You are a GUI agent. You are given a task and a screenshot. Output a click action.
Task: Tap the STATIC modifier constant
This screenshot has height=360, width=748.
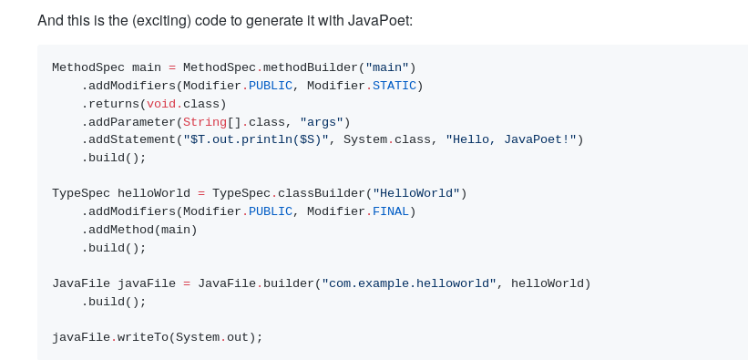394,86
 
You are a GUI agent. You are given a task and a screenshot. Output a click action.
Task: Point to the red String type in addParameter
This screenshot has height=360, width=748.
204,121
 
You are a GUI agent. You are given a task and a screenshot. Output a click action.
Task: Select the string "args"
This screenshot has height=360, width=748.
321,121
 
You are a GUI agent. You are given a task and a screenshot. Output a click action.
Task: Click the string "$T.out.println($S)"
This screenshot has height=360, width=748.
255,139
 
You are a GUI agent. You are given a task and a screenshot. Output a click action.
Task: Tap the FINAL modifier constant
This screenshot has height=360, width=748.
390,211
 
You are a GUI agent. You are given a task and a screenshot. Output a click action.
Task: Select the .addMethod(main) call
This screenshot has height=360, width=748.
139,230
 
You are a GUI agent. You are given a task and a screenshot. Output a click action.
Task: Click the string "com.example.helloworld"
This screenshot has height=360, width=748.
408,283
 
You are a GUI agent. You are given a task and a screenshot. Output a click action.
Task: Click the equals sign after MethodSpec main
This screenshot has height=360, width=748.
171,67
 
